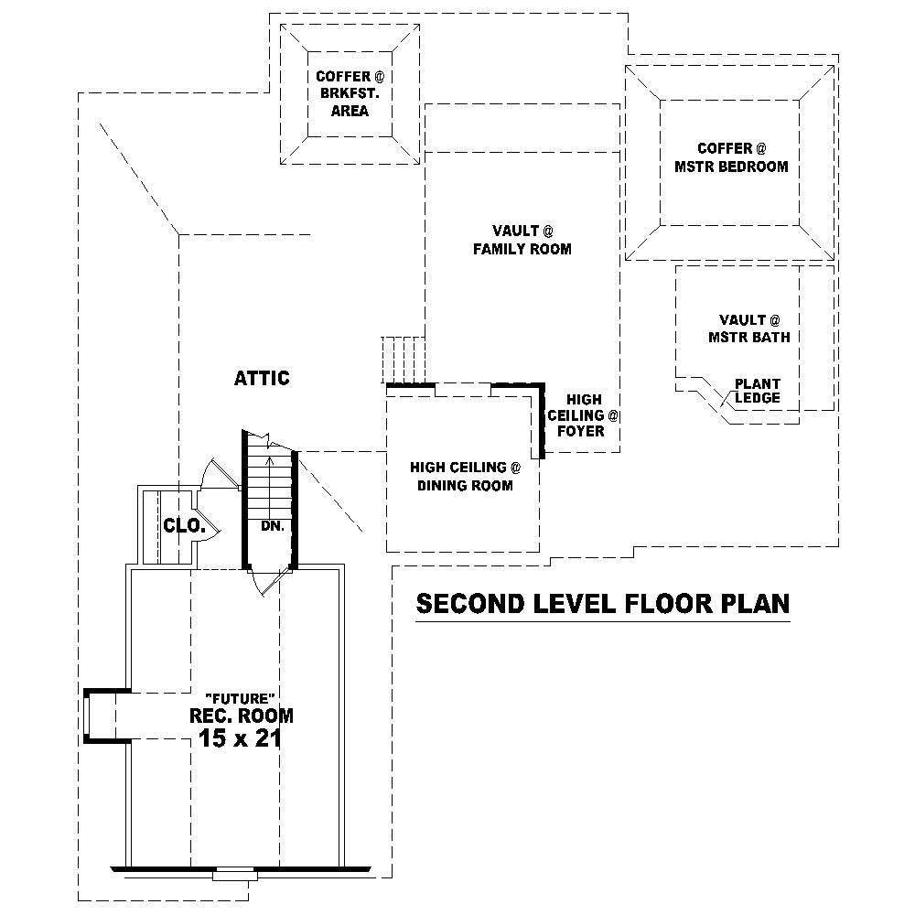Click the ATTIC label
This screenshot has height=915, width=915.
pos(262,378)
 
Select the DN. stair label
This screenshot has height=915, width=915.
pos(272,526)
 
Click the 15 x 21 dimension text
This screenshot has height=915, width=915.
pos(240,738)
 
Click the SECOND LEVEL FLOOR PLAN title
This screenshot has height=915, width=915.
pos(603,604)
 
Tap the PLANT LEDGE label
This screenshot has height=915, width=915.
pos(758,391)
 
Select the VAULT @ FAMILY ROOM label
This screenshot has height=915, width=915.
pos(522,240)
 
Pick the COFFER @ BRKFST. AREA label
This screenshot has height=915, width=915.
pos(343,93)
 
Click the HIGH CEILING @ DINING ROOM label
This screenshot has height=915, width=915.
pos(465,477)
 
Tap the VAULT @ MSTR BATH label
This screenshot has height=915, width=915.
pos(748,328)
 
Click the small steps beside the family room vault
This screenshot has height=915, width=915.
pos(403,359)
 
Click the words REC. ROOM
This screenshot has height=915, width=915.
pos(242,716)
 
